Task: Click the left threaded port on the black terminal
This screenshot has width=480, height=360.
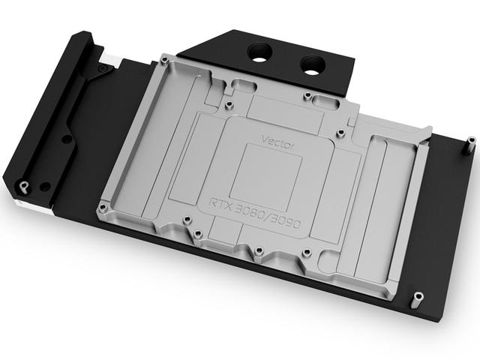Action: click(260, 51)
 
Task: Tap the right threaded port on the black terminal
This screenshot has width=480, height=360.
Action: click(313, 65)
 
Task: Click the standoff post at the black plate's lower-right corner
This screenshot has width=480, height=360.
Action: click(418, 301)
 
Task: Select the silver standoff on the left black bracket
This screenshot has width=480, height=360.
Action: click(24, 187)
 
